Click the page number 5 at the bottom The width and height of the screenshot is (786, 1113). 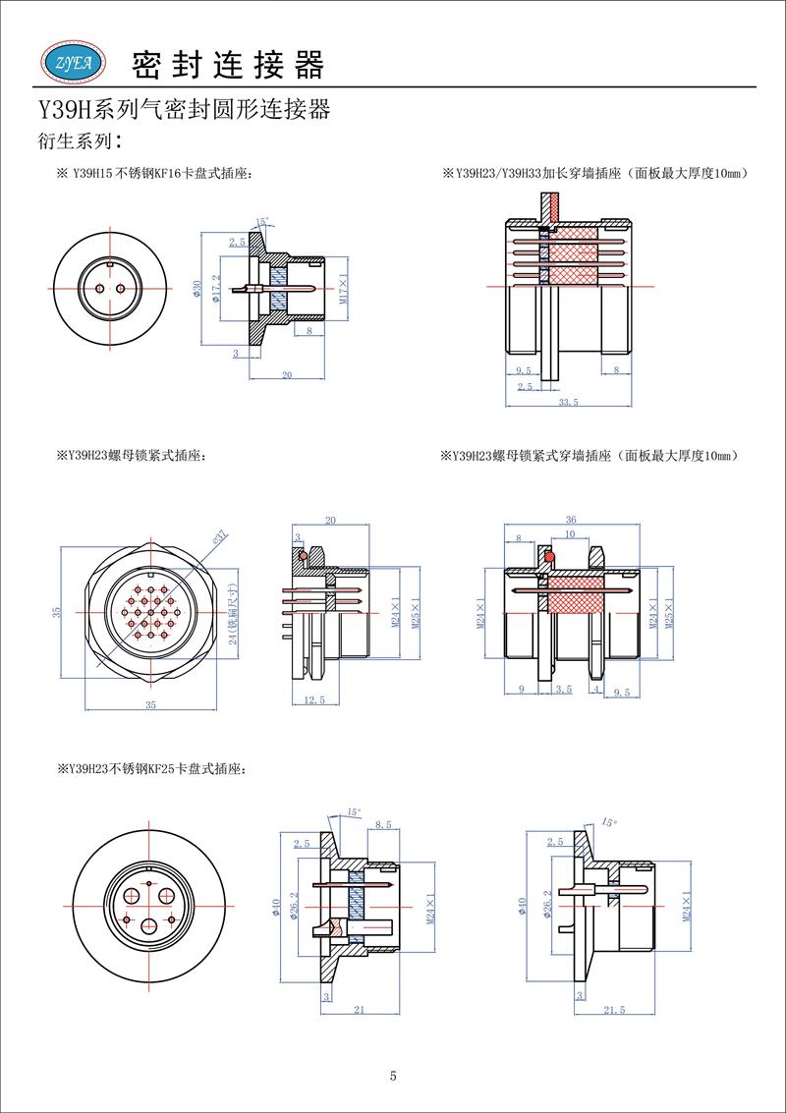point(393,1076)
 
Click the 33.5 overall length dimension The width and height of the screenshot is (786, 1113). point(567,402)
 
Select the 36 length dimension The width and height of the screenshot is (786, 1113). point(571,521)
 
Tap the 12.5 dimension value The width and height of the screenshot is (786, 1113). point(315,699)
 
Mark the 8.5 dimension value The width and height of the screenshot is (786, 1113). point(383,827)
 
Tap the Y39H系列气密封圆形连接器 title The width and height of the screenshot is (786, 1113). point(183,109)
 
